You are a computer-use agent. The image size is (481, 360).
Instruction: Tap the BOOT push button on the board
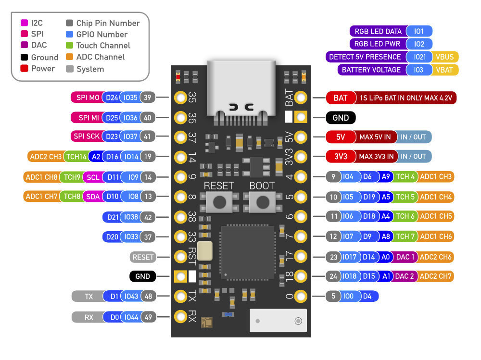point(262,202)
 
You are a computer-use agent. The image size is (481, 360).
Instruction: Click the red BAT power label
point(340,98)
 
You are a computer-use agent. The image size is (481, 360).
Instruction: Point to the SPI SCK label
point(87,137)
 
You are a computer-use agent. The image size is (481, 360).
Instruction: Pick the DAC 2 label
point(405,276)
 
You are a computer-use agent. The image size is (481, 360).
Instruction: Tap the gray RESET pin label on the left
point(143,257)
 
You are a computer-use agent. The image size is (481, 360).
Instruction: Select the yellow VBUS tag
point(444,57)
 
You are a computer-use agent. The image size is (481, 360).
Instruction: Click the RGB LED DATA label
point(378,32)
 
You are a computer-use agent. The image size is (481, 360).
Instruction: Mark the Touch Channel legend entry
point(103,46)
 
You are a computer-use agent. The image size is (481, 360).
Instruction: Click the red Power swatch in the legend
point(24,69)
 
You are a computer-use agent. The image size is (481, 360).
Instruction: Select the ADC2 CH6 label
point(435,257)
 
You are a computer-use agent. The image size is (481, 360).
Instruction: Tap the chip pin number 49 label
point(148,317)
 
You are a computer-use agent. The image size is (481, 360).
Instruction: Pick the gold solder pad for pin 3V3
point(301,157)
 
